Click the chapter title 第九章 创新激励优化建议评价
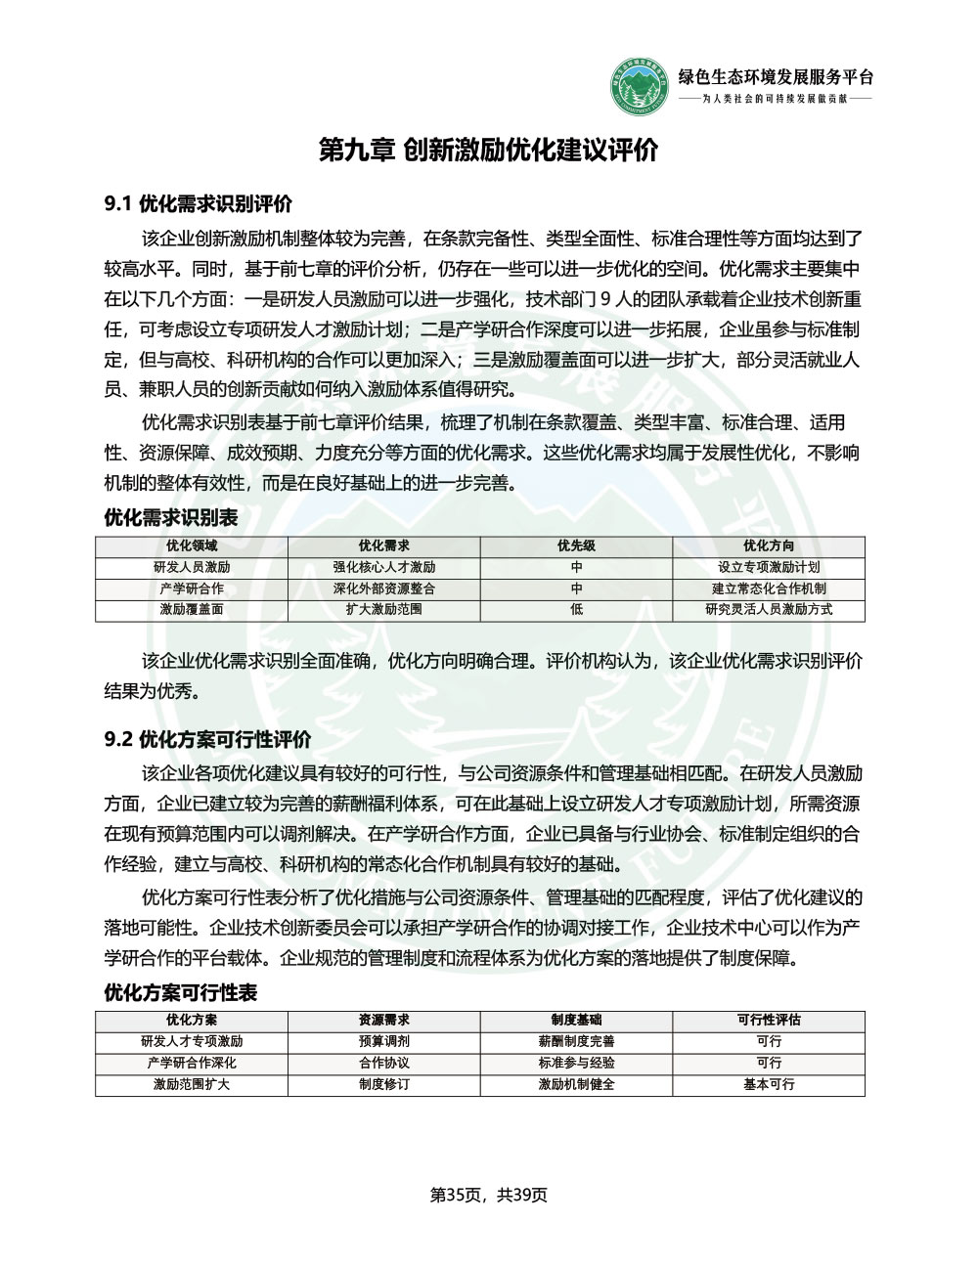489,151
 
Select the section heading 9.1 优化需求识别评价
199,204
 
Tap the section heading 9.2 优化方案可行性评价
207,738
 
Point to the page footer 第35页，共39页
489,1195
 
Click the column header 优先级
576,546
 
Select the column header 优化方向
768,546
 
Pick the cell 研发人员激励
192,567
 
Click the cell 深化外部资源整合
384,589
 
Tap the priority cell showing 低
576,609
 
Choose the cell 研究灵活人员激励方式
768,609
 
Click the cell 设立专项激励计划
768,567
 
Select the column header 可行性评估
768,1020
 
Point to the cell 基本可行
768,1084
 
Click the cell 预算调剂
384,1041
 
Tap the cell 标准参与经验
576,1063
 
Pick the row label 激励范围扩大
192,1084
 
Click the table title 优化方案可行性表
181,993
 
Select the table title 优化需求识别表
171,517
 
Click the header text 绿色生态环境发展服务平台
776,77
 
